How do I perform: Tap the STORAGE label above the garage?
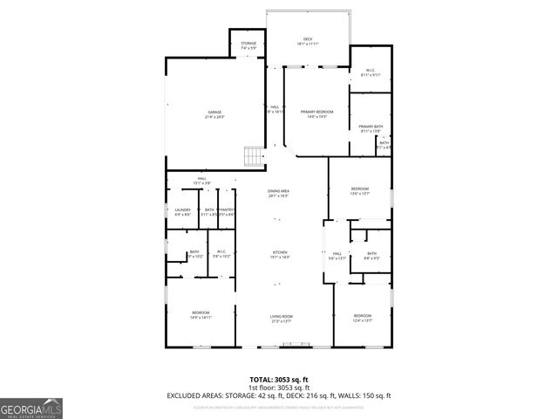[x=248, y=44]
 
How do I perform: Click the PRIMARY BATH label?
[x=371, y=128]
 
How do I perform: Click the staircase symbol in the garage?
[x=253, y=157]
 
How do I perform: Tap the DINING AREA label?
[x=279, y=193]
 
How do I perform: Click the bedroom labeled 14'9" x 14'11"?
[x=201, y=314]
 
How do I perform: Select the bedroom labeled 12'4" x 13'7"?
[x=362, y=318]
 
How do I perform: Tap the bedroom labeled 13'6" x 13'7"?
[x=359, y=191]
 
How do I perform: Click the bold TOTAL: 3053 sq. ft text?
[x=279, y=379]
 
